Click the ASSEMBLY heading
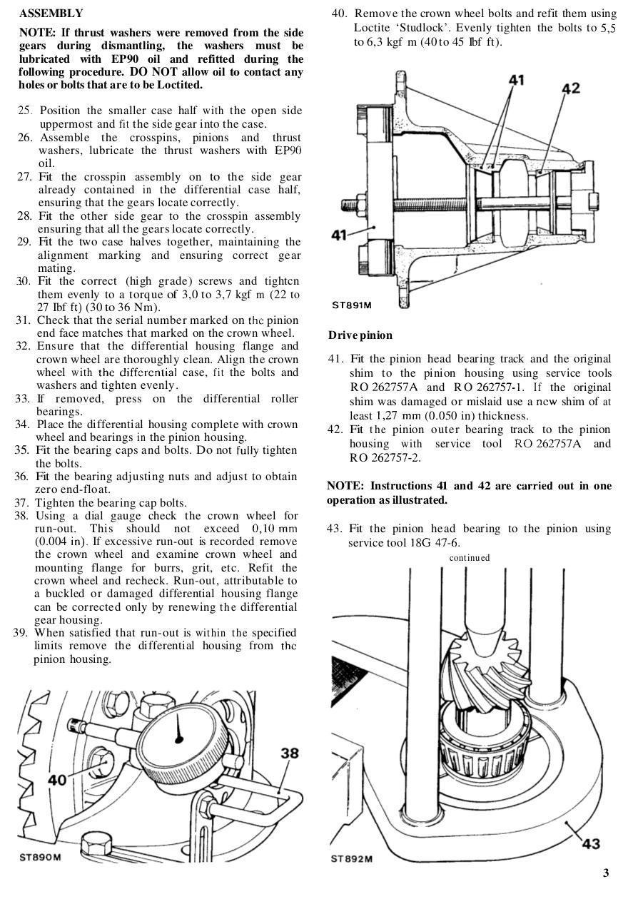point(51,14)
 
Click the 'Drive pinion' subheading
point(360,335)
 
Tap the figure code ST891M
point(352,305)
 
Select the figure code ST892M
point(352,858)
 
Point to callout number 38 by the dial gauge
point(289,753)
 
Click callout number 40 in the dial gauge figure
point(57,780)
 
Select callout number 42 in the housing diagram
point(570,88)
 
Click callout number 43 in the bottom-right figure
point(591,844)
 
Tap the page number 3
point(606,873)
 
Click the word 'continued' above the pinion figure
point(470,557)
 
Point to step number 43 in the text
point(335,529)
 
